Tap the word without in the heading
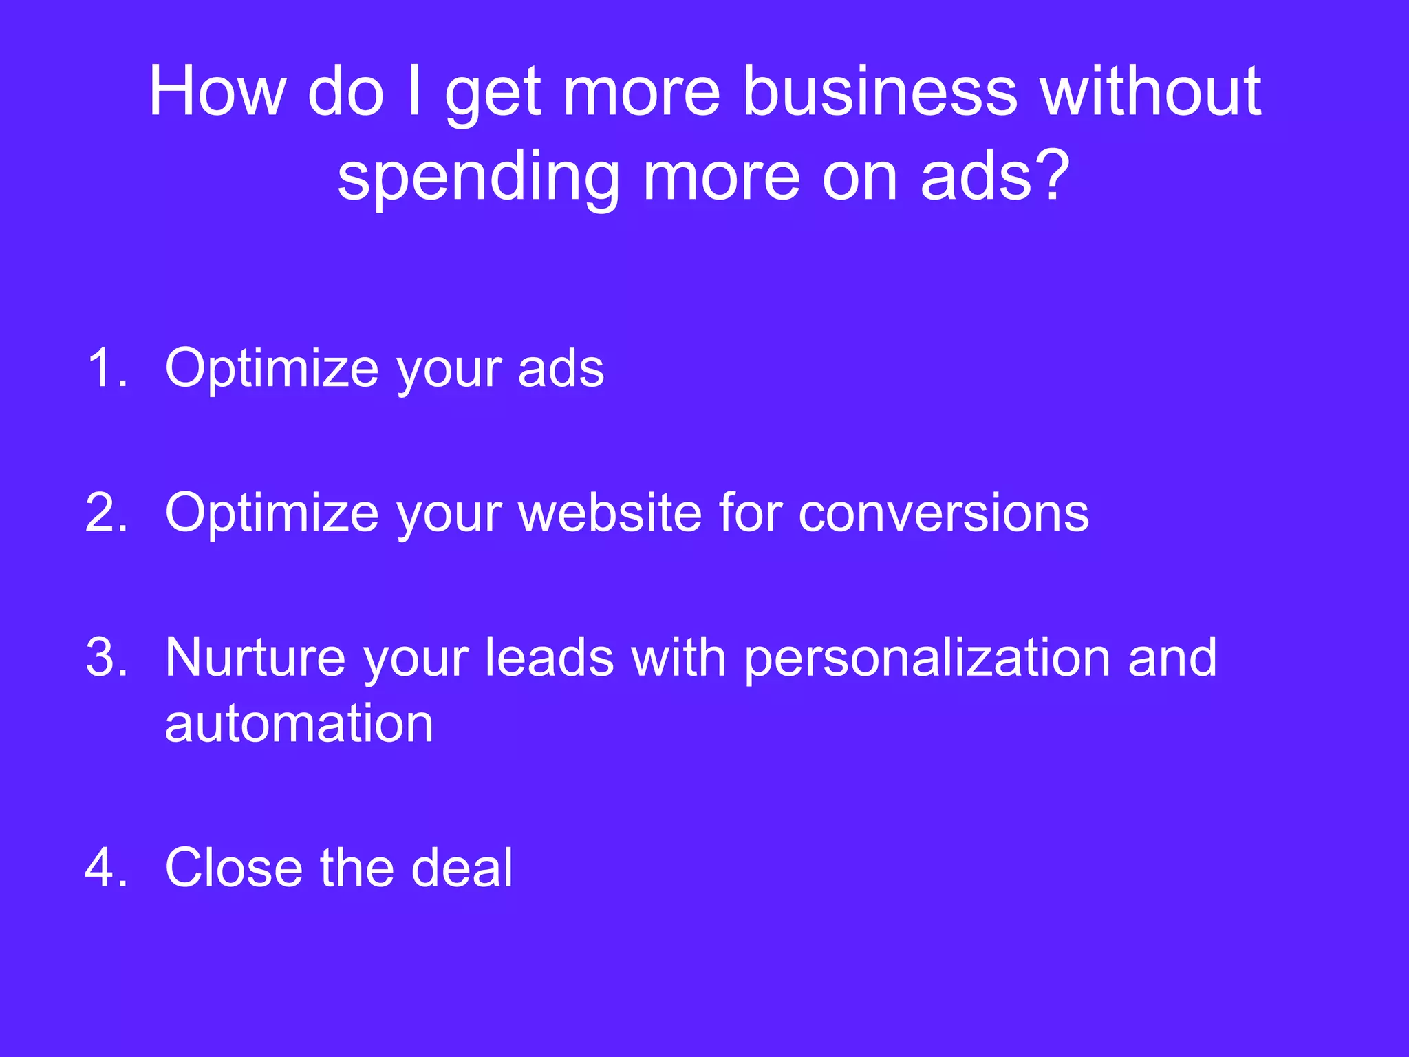coord(1150,92)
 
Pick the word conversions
coord(943,514)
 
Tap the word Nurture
coord(255,657)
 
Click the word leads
coord(549,657)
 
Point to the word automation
coord(299,724)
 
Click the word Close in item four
coord(233,868)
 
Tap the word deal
coord(462,868)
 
